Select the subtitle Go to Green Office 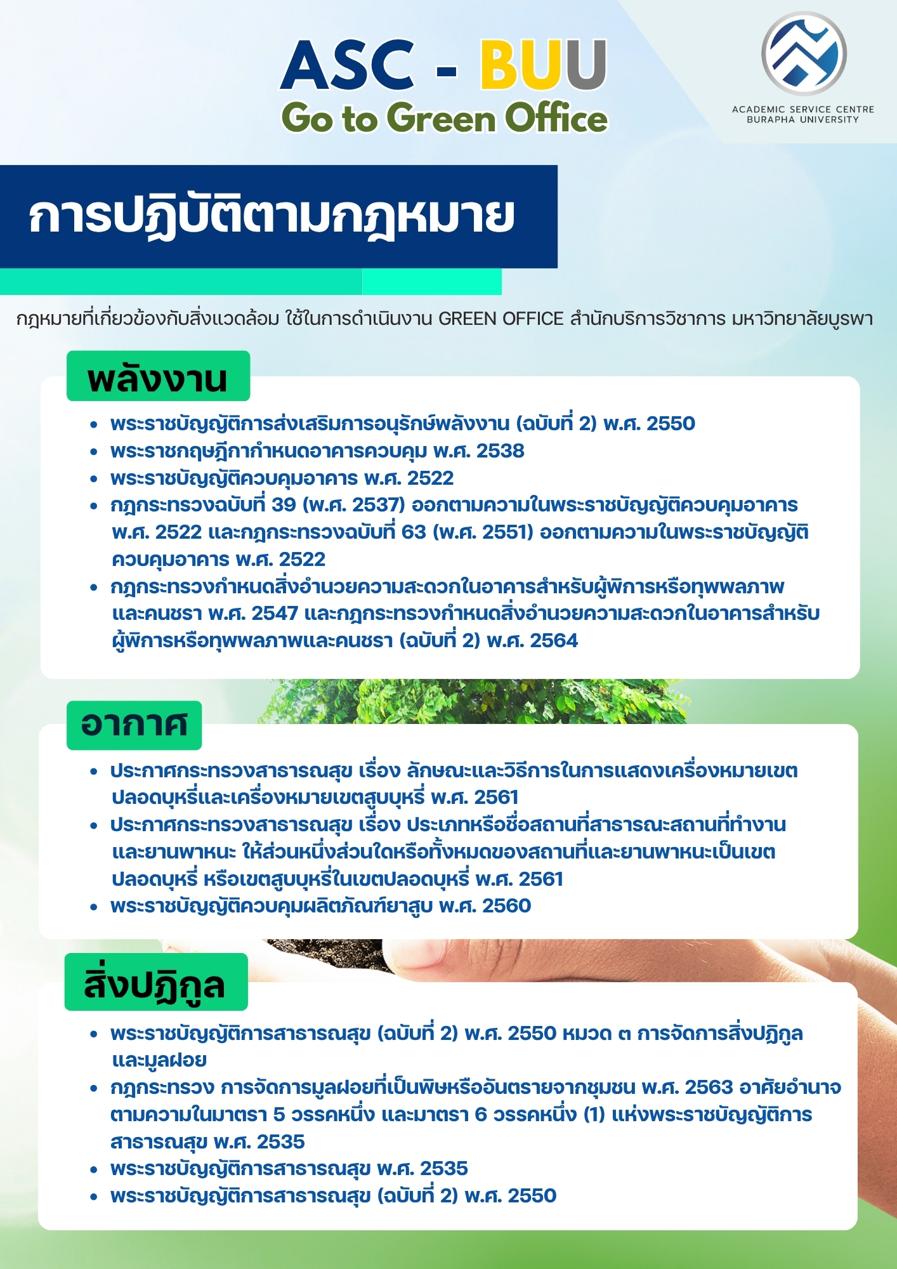pyautogui.click(x=444, y=118)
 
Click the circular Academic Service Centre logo pyautogui.click(x=804, y=53)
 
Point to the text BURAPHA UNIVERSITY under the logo pyautogui.click(x=803, y=119)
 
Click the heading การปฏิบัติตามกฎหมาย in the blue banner pyautogui.click(x=272, y=217)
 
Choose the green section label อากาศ pyautogui.click(x=134, y=725)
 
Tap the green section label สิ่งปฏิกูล pyautogui.click(x=155, y=984)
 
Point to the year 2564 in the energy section pyautogui.click(x=554, y=641)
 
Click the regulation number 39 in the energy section pyautogui.click(x=284, y=505)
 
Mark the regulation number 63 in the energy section pyautogui.click(x=414, y=532)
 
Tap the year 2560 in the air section pyautogui.click(x=506, y=906)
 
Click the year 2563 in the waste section pyautogui.click(x=709, y=1088)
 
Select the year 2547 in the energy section pyautogui.click(x=275, y=614)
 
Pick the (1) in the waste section pyautogui.click(x=594, y=1115)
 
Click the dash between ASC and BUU pyautogui.click(x=447, y=70)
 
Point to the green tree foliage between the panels pyautogui.click(x=476, y=701)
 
